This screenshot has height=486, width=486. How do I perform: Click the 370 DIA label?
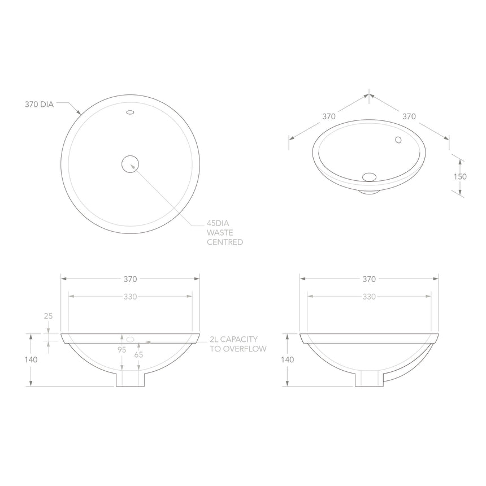pyautogui.click(x=39, y=104)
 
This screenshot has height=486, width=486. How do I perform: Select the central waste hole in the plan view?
pyautogui.click(x=131, y=164)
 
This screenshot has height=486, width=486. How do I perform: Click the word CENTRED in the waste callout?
pyautogui.click(x=225, y=242)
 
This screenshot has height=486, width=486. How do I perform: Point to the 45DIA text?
pyautogui.click(x=219, y=224)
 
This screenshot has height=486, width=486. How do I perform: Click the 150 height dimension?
pyautogui.click(x=461, y=176)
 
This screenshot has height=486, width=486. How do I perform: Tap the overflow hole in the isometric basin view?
pyautogui.click(x=398, y=140)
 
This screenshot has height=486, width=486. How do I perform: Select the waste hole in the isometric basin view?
pyautogui.click(x=369, y=176)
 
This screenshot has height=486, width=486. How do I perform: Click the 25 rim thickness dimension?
pyautogui.click(x=48, y=316)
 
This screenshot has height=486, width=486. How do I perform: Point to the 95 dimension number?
pyautogui.click(x=121, y=350)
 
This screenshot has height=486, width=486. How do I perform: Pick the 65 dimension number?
pyautogui.click(x=138, y=354)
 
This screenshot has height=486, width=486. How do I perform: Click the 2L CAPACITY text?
pyautogui.click(x=233, y=339)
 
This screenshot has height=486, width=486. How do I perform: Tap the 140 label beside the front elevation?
pyautogui.click(x=34, y=359)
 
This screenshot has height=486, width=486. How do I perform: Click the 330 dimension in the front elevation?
pyautogui.click(x=130, y=296)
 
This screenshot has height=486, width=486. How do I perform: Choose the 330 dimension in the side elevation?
pyautogui.click(x=369, y=296)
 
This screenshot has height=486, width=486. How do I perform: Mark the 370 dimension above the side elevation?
pyautogui.click(x=369, y=279)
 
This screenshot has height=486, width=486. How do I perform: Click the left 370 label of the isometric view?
pyautogui.click(x=329, y=116)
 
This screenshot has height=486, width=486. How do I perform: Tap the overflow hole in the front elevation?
pyautogui.click(x=130, y=339)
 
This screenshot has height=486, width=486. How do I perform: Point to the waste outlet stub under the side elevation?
pyautogui.click(x=369, y=379)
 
